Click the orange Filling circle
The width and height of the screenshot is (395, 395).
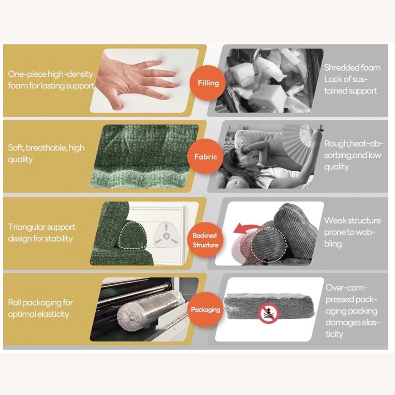(208, 83)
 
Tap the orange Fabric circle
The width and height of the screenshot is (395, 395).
(206, 157)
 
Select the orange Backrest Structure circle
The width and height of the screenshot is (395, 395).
(205, 240)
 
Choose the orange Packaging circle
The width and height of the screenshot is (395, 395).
(205, 309)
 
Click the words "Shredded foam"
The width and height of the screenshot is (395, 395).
(352, 68)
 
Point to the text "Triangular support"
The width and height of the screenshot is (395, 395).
(42, 227)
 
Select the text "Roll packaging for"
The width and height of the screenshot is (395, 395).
(40, 302)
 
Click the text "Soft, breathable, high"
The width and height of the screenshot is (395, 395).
(46, 148)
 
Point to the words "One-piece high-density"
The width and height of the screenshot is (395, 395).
(51, 74)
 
